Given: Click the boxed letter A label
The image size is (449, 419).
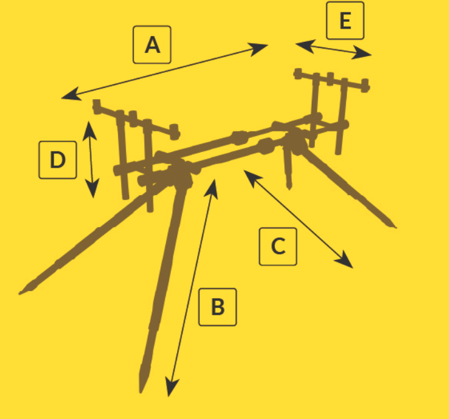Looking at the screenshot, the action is click(152, 45).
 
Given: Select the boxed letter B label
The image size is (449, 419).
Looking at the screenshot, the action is click(218, 307).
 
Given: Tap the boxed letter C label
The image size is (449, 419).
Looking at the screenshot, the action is click(278, 246).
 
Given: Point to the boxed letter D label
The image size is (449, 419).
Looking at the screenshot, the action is click(57, 160).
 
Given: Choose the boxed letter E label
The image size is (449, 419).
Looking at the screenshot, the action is click(345, 21).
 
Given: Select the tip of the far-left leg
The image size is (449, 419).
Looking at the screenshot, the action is click(19, 293).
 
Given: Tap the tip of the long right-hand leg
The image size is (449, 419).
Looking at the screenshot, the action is click(396, 228).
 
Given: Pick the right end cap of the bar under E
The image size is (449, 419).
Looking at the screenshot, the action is click(365, 85).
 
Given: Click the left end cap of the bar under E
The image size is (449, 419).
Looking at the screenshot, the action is click(298, 74).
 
